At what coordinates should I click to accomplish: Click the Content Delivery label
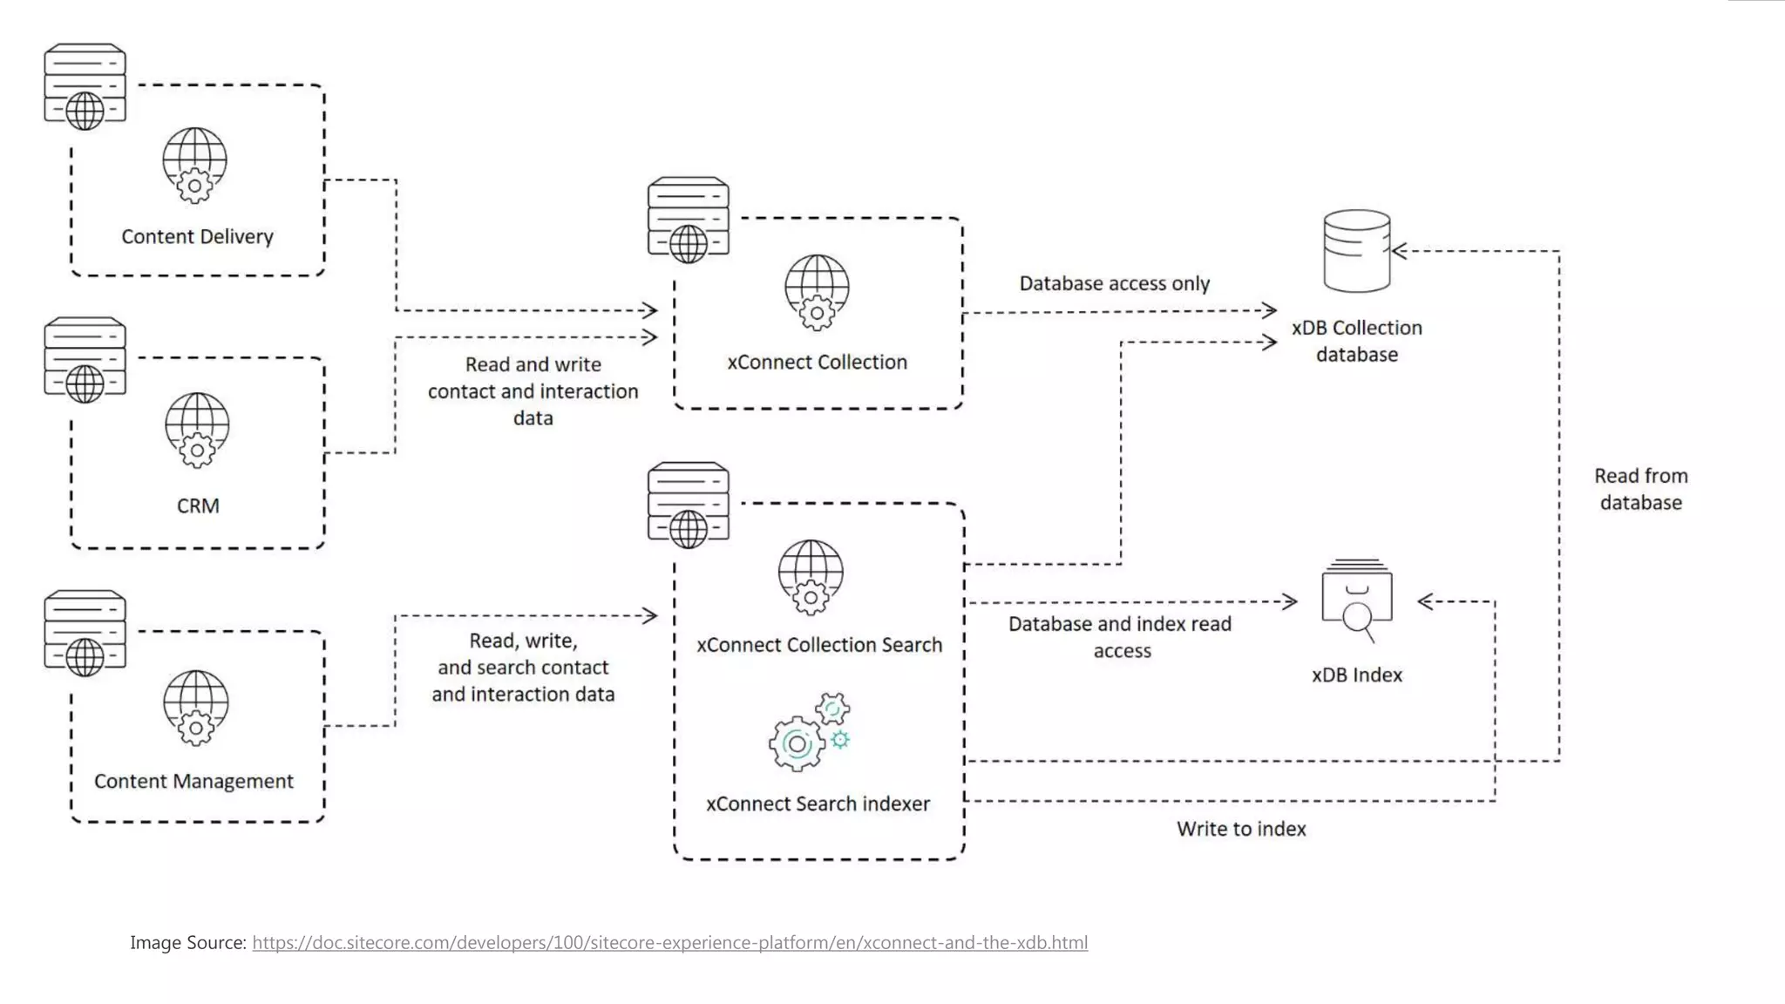point(197,236)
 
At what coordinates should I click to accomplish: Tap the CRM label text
point(198,505)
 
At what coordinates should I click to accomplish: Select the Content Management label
point(193,781)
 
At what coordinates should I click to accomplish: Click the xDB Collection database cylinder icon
point(1356,251)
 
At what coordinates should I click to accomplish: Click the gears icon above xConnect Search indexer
point(809,733)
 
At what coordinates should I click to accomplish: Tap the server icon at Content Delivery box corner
point(85,86)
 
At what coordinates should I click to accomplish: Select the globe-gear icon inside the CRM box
point(197,430)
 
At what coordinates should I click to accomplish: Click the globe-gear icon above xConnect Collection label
point(817,292)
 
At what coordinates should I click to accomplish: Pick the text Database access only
point(1114,283)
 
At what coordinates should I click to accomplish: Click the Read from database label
point(1640,489)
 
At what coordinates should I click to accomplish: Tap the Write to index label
point(1241,829)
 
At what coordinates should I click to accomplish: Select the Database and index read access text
point(1120,637)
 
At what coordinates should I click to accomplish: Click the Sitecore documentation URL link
point(669,942)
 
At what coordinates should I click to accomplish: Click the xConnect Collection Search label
point(818,645)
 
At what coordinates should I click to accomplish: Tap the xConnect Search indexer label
point(818,804)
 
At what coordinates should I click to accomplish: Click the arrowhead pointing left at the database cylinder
point(1400,251)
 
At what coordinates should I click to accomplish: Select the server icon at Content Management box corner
point(85,633)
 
